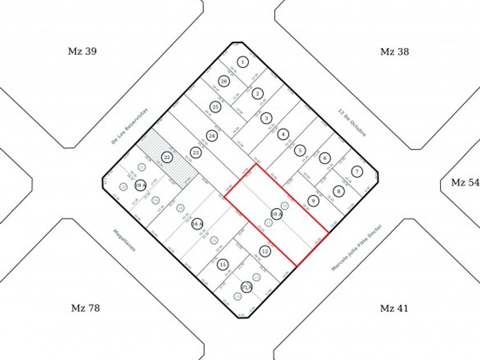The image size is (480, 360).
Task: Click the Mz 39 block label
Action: pos(82,51)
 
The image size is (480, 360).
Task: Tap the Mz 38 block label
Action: pos(394,51)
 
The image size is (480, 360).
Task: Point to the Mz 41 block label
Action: pos(394,309)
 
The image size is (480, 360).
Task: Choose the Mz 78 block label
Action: pos(86,308)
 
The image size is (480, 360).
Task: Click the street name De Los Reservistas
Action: pos(129,125)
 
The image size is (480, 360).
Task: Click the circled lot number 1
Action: pos(243,62)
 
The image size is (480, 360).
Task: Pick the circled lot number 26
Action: pos(224,82)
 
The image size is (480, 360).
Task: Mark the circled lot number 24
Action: pos(212,136)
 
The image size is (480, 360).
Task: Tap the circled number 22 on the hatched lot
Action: pos(167,157)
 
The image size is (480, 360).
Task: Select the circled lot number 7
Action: pos(357,171)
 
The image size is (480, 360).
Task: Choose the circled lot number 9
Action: pos(313,201)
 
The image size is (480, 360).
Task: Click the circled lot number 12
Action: pos(265,251)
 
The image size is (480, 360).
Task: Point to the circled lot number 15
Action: pos(223,264)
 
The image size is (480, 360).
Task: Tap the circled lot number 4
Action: pos(283,135)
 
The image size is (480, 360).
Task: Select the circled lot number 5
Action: pos(299,151)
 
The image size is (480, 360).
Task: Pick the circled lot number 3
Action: pos(266,118)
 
